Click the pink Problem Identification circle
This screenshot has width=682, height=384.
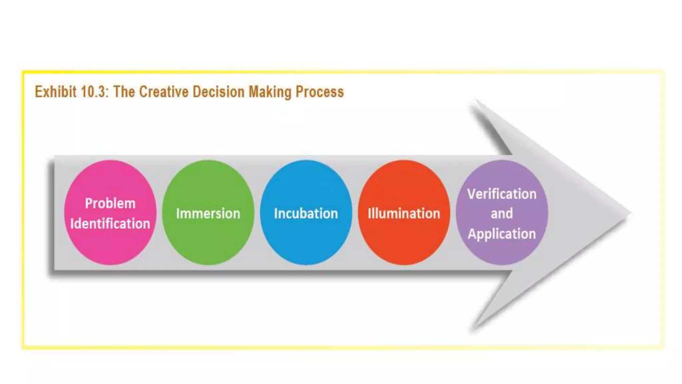[110, 247]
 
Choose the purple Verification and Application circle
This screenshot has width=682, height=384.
[502, 253]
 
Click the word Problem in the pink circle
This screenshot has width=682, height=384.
[110, 203]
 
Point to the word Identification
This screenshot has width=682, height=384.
[110, 224]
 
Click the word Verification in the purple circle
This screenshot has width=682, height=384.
[502, 194]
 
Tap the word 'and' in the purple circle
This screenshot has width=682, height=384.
[502, 214]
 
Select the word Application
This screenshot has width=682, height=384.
[502, 234]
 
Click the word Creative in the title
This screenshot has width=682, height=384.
[164, 92]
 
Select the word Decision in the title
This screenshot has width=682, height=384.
[218, 92]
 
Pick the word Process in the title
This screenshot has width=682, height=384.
[320, 92]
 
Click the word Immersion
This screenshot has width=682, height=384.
[208, 214]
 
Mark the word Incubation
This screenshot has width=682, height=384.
[306, 214]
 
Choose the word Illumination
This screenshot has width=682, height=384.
[404, 214]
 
